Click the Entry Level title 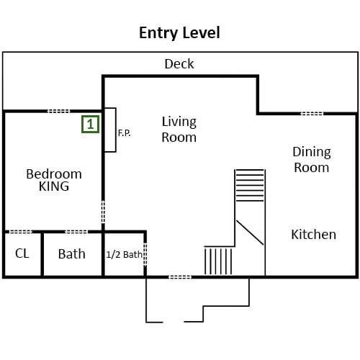179,33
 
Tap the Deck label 179,64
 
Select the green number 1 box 90,124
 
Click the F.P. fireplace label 125,132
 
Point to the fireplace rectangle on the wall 110,130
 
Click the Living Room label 179,130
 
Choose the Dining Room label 312,159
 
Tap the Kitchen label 313,235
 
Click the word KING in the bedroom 54,186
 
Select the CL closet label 22,253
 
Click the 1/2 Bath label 124,255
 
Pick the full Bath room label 72,253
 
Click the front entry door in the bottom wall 180,277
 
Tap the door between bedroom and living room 103,212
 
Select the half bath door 145,254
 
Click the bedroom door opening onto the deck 58,111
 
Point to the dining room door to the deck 312,113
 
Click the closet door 20,232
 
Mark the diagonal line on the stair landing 250,233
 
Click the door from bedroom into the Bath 76,232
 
